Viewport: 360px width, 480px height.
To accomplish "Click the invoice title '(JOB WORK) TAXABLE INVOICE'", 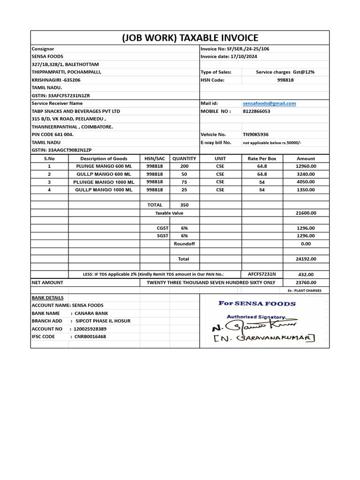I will coord(190,38).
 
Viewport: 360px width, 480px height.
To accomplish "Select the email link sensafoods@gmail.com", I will coord(269,103).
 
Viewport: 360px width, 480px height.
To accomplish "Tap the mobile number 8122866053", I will coord(256,111).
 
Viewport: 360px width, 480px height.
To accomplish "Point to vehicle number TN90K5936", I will coord(255,135).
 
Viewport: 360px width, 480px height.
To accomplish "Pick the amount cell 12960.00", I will coord(306,166).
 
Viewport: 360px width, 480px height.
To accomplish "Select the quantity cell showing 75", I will coord(184,182).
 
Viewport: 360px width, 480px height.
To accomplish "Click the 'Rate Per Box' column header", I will coord(262,158).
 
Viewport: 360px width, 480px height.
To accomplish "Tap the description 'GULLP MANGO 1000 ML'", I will coord(104,190).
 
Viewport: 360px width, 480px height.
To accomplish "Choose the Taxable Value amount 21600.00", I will coord(306,213).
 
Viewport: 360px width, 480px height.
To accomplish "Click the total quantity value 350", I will coord(184,205).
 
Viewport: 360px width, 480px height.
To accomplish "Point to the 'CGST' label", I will coord(162,228).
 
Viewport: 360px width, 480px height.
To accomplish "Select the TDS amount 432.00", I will coord(306,275).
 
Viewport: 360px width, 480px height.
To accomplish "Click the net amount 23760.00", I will coord(306,283).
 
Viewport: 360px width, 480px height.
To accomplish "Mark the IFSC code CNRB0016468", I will coord(90,337).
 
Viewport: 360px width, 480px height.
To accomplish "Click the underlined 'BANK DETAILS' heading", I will coord(47,298).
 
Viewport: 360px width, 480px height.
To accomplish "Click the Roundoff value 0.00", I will coord(306,244).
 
